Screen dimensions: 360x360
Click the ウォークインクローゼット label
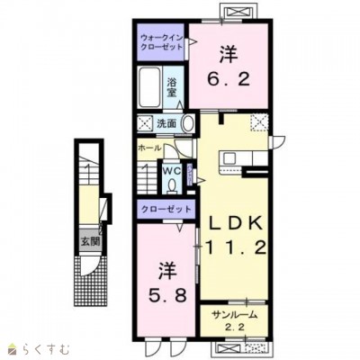(x=162, y=42)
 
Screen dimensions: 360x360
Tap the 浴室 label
(x=172, y=87)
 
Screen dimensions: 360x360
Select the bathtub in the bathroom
(x=149, y=87)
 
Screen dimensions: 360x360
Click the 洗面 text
(x=166, y=124)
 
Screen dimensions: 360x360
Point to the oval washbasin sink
(x=188, y=123)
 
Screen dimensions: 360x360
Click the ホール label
(x=150, y=148)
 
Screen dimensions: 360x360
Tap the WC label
(x=172, y=171)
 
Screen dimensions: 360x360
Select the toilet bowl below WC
(x=172, y=186)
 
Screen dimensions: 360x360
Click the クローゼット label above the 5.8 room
(x=166, y=209)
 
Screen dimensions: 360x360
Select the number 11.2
(x=235, y=248)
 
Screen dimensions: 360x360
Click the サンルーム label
(x=234, y=315)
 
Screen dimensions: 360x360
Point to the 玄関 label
(x=91, y=241)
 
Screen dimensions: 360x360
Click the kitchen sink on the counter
(x=230, y=157)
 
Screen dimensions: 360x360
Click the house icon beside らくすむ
(x=13, y=349)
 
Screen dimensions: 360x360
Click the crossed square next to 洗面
(x=145, y=123)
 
